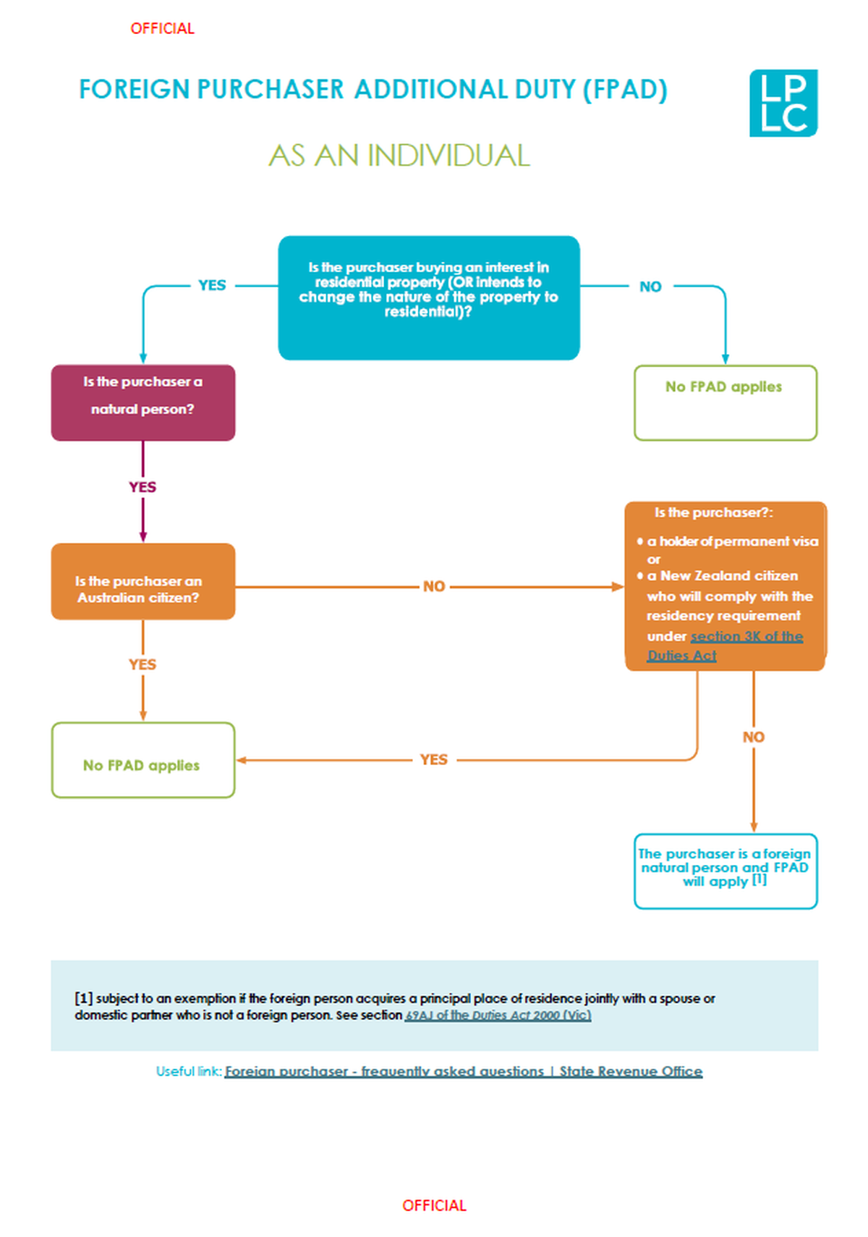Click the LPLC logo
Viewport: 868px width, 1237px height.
click(783, 103)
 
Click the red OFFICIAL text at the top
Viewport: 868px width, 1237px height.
click(162, 28)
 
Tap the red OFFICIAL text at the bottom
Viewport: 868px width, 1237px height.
click(434, 1205)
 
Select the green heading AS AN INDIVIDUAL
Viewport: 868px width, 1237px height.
click(399, 156)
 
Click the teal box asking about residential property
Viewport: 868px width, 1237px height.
click(428, 297)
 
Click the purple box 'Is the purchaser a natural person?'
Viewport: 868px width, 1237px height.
click(142, 402)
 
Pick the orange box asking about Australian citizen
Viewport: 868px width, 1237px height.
click(142, 581)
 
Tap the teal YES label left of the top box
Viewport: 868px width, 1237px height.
click(212, 285)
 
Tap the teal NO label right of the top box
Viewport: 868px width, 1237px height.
click(650, 287)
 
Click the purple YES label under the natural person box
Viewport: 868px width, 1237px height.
click(142, 487)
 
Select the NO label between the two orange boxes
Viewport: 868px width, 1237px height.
click(434, 586)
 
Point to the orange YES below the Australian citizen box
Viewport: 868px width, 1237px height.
click(142, 664)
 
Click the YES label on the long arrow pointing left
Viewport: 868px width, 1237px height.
click(434, 759)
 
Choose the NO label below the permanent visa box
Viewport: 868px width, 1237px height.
click(753, 737)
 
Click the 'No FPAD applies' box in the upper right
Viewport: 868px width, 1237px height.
click(725, 402)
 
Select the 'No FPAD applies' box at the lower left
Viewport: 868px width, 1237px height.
click(142, 760)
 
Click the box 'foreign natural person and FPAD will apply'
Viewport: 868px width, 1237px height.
click(725, 871)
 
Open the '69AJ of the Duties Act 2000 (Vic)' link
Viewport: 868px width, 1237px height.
click(498, 1016)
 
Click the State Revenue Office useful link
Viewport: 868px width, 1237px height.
click(463, 1071)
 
